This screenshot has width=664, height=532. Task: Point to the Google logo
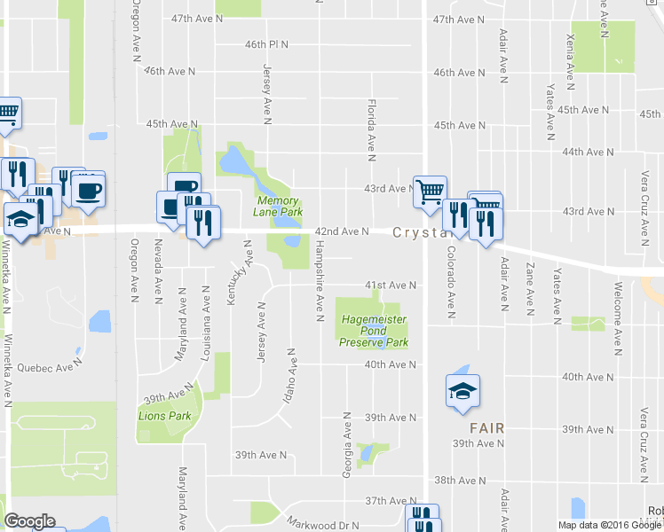coord(29,521)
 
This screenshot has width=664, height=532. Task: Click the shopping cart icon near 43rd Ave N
coord(430,190)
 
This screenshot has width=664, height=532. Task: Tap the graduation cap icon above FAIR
coord(462,394)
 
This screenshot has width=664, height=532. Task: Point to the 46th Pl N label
coord(267,44)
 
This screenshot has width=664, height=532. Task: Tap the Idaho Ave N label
coord(289,376)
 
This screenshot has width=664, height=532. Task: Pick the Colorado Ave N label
coord(451,282)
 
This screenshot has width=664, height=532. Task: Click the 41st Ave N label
coord(391,286)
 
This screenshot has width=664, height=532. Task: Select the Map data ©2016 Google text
coord(608,525)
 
